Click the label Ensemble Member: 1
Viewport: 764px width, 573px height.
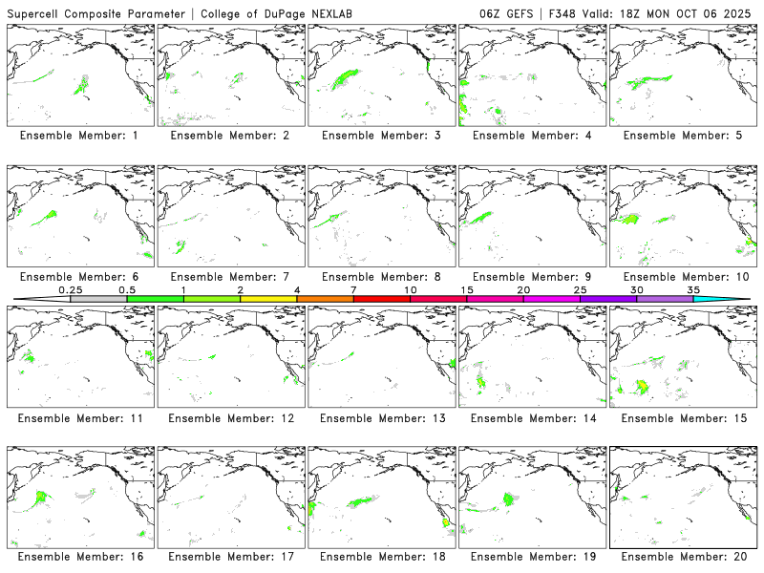pos(79,136)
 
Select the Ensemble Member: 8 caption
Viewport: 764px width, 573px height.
pos(380,277)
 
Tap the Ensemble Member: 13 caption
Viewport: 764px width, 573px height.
pos(380,417)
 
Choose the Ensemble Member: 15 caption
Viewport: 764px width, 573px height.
pos(682,417)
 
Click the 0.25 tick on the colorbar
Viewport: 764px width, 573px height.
pos(70,289)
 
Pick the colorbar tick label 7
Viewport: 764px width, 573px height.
pos(353,289)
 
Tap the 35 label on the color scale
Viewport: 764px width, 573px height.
pos(693,289)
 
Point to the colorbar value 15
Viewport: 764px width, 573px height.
pos(466,289)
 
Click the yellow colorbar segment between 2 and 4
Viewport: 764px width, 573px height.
pos(268,299)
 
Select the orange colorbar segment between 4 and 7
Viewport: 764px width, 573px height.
pos(325,299)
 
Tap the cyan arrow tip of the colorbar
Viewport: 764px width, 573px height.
pos(735,299)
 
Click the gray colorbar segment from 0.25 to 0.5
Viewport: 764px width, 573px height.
pos(98,299)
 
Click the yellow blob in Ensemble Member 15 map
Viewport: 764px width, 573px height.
pos(642,386)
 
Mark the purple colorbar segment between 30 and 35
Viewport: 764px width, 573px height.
pos(665,299)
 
